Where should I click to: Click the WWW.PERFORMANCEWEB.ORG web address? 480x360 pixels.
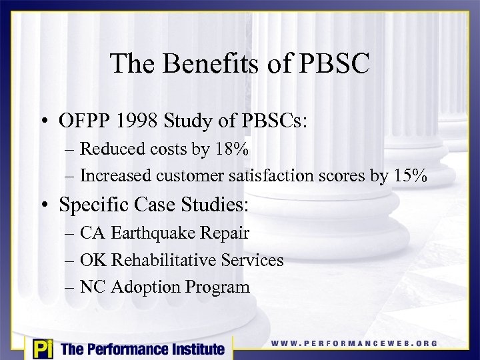pos(354,343)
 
